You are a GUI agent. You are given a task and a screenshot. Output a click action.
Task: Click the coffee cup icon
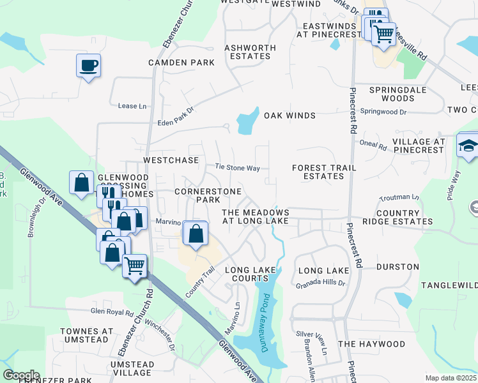89,64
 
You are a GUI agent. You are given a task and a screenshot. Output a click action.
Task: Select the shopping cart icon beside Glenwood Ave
134,266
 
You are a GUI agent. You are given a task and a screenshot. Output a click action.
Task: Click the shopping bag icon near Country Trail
196,234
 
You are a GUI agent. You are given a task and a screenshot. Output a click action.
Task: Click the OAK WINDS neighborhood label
290,116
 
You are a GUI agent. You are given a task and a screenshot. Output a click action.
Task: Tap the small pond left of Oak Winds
245,123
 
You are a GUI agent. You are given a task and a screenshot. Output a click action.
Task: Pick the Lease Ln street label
132,105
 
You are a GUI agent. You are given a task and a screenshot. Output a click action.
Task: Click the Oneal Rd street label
373,146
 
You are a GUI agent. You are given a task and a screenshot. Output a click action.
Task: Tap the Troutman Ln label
399,198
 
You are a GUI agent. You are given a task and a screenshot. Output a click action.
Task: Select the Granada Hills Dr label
320,282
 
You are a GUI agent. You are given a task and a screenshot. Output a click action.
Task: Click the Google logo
21,375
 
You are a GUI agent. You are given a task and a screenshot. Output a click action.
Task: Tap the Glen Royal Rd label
112,312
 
